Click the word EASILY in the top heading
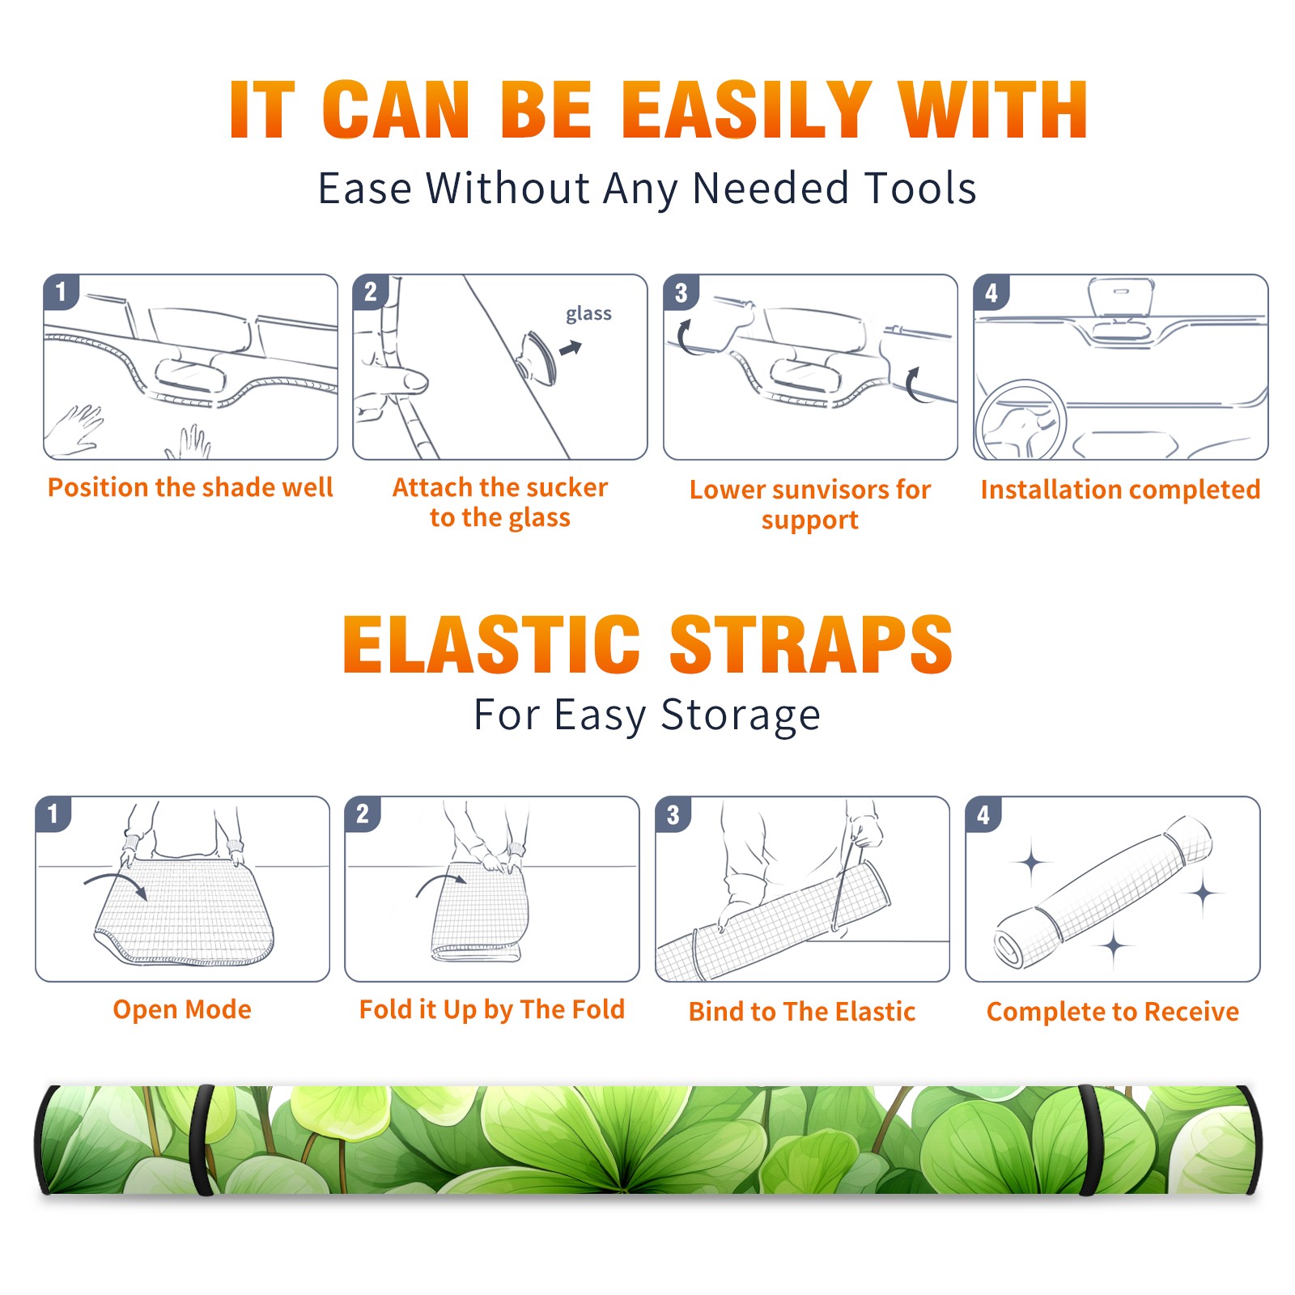(x=746, y=110)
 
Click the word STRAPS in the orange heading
(x=811, y=644)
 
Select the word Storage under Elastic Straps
(x=741, y=715)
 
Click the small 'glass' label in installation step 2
(x=588, y=314)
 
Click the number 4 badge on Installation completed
(x=991, y=293)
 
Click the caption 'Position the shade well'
(x=190, y=487)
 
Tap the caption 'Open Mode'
(x=182, y=1009)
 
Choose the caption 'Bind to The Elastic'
(x=802, y=1012)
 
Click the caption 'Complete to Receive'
(x=1113, y=1012)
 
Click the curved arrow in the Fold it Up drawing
(x=441, y=879)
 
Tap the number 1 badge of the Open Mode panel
(x=53, y=814)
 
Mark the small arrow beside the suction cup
(x=571, y=348)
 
